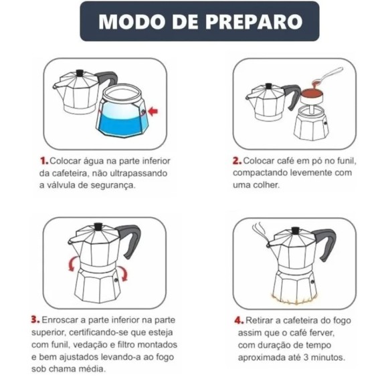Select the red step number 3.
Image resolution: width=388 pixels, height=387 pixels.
tap(35, 320)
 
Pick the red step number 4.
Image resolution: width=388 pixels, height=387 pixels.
tap(239, 320)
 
